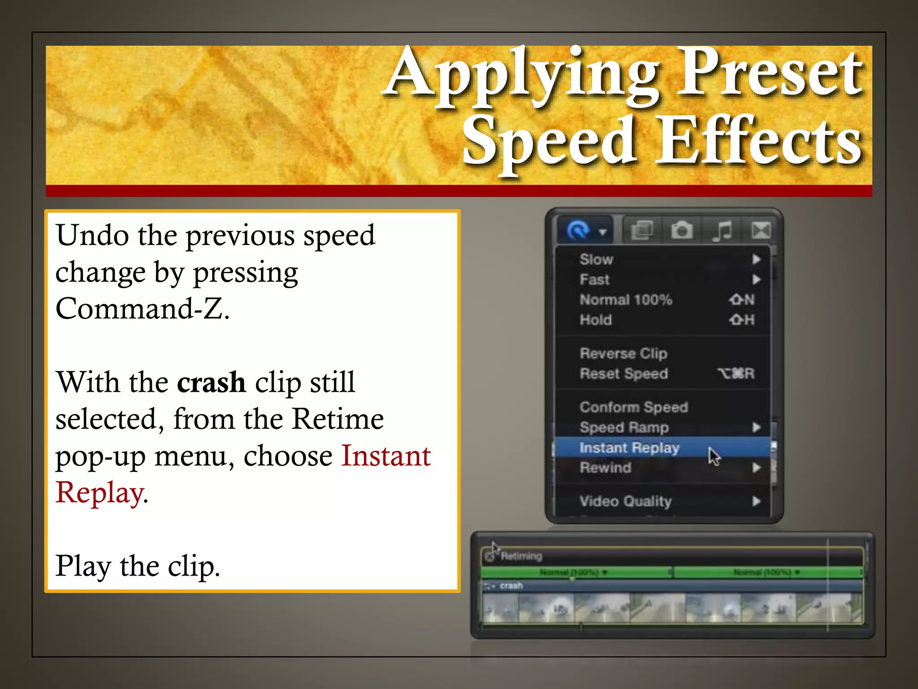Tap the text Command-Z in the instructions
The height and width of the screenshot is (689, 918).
pos(143,309)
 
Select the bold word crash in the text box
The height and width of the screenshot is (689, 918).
pos(211,382)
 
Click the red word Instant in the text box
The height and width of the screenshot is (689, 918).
pos(386,456)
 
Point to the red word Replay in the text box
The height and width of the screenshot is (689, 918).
pos(100,493)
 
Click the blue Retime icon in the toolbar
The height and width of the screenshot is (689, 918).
pos(578,231)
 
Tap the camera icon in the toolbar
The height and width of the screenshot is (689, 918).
pos(682,231)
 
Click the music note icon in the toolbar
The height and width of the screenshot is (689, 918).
pos(722,231)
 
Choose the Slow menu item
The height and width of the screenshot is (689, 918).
pos(596,259)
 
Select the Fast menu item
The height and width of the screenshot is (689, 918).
pos(594,279)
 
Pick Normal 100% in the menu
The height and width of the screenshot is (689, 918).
pos(626,300)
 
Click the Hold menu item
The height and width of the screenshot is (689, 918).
pos(595,320)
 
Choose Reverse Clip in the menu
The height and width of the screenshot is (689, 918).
pos(623,353)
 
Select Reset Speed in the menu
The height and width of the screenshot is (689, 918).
pos(624,374)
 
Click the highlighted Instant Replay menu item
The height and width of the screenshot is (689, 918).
pos(629,448)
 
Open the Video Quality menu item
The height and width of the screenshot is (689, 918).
pos(625,501)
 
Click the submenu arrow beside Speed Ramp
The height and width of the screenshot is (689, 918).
pos(757,427)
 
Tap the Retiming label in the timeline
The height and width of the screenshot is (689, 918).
pos(521,556)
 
